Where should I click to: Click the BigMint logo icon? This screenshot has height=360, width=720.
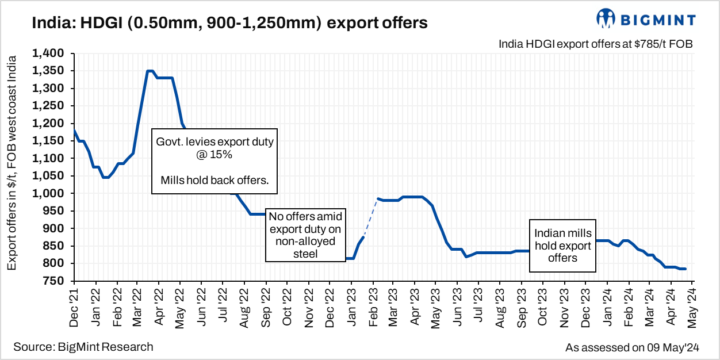pyautogui.click(x=606, y=18)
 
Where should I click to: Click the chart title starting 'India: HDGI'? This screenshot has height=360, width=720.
pyautogui.click(x=230, y=23)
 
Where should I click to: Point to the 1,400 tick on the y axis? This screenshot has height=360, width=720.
pyautogui.click(x=50, y=53)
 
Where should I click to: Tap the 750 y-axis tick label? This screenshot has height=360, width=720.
pyautogui.click(x=56, y=281)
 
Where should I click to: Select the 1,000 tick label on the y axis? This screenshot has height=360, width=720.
pyautogui.click(x=50, y=193)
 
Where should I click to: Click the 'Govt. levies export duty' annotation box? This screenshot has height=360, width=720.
pyautogui.click(x=215, y=162)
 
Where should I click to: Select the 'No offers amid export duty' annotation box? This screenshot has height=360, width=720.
pyautogui.click(x=306, y=235)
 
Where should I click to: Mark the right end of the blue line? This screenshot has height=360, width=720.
pyautogui.click(x=685, y=269)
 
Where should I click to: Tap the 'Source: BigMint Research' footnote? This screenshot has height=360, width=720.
pyautogui.click(x=83, y=347)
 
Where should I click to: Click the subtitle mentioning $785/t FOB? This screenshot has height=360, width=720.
pyautogui.click(x=596, y=44)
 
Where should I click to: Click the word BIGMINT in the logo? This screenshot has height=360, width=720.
pyautogui.click(x=657, y=20)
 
